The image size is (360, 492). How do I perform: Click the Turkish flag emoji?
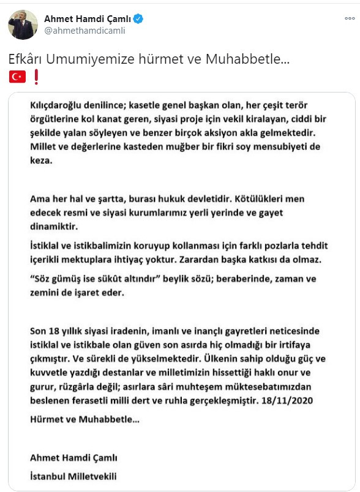17,77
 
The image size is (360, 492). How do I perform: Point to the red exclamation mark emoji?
36,77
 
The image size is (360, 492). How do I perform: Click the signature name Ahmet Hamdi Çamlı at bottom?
73,458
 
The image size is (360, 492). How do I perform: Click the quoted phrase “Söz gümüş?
58,278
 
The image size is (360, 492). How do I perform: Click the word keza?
40,162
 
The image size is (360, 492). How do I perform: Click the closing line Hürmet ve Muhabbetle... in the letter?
84,421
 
